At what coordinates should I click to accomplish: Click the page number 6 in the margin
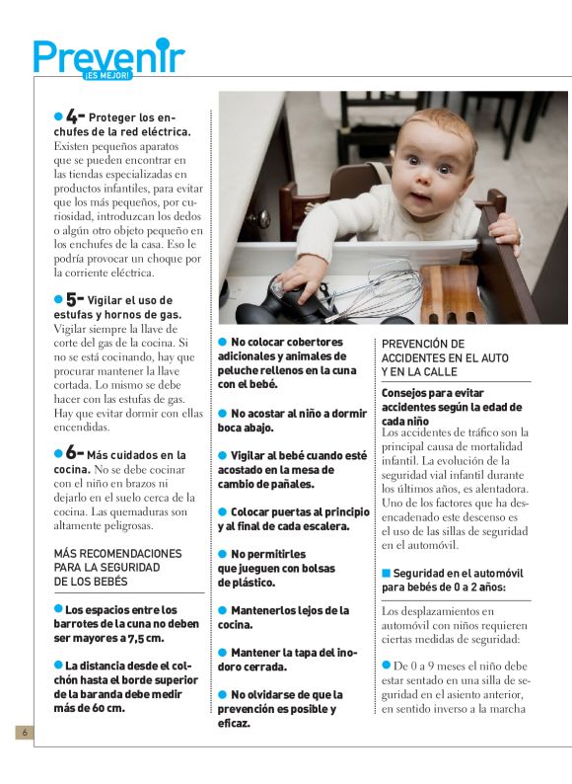coord(25,733)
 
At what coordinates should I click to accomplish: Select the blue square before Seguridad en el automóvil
coord(387,573)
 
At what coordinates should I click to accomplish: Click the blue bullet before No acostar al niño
coord(223,413)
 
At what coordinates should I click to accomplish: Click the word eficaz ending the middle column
coord(236,724)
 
